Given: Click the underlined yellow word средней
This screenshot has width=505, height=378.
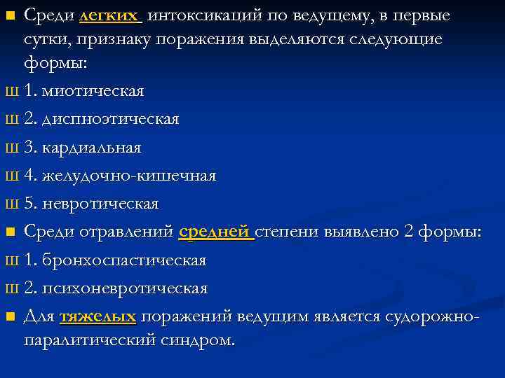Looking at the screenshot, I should point(215,232).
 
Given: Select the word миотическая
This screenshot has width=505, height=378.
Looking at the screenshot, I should point(94,91).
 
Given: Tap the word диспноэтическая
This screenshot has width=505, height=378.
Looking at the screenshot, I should point(111,120).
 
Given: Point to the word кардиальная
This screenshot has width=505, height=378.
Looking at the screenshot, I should point(92,148).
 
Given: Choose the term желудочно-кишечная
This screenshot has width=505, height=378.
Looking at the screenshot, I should point(129,176).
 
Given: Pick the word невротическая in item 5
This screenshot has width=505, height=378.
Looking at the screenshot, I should point(100,204).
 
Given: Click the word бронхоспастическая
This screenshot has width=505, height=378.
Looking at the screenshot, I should point(124,260).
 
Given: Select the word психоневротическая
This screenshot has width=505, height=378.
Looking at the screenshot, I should point(125,288).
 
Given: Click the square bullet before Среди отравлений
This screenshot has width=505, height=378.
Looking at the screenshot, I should point(10,233).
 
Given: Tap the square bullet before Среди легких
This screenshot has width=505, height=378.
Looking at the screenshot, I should point(10,15).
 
